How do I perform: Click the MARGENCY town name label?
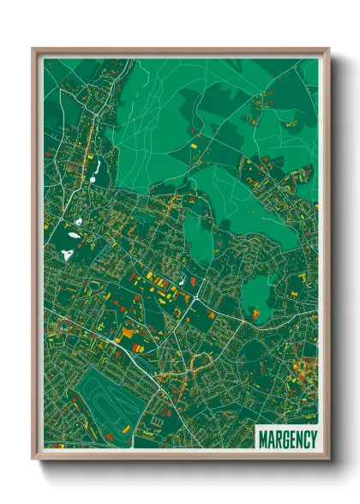pos(287,438)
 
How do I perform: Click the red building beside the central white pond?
pos(192,280)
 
